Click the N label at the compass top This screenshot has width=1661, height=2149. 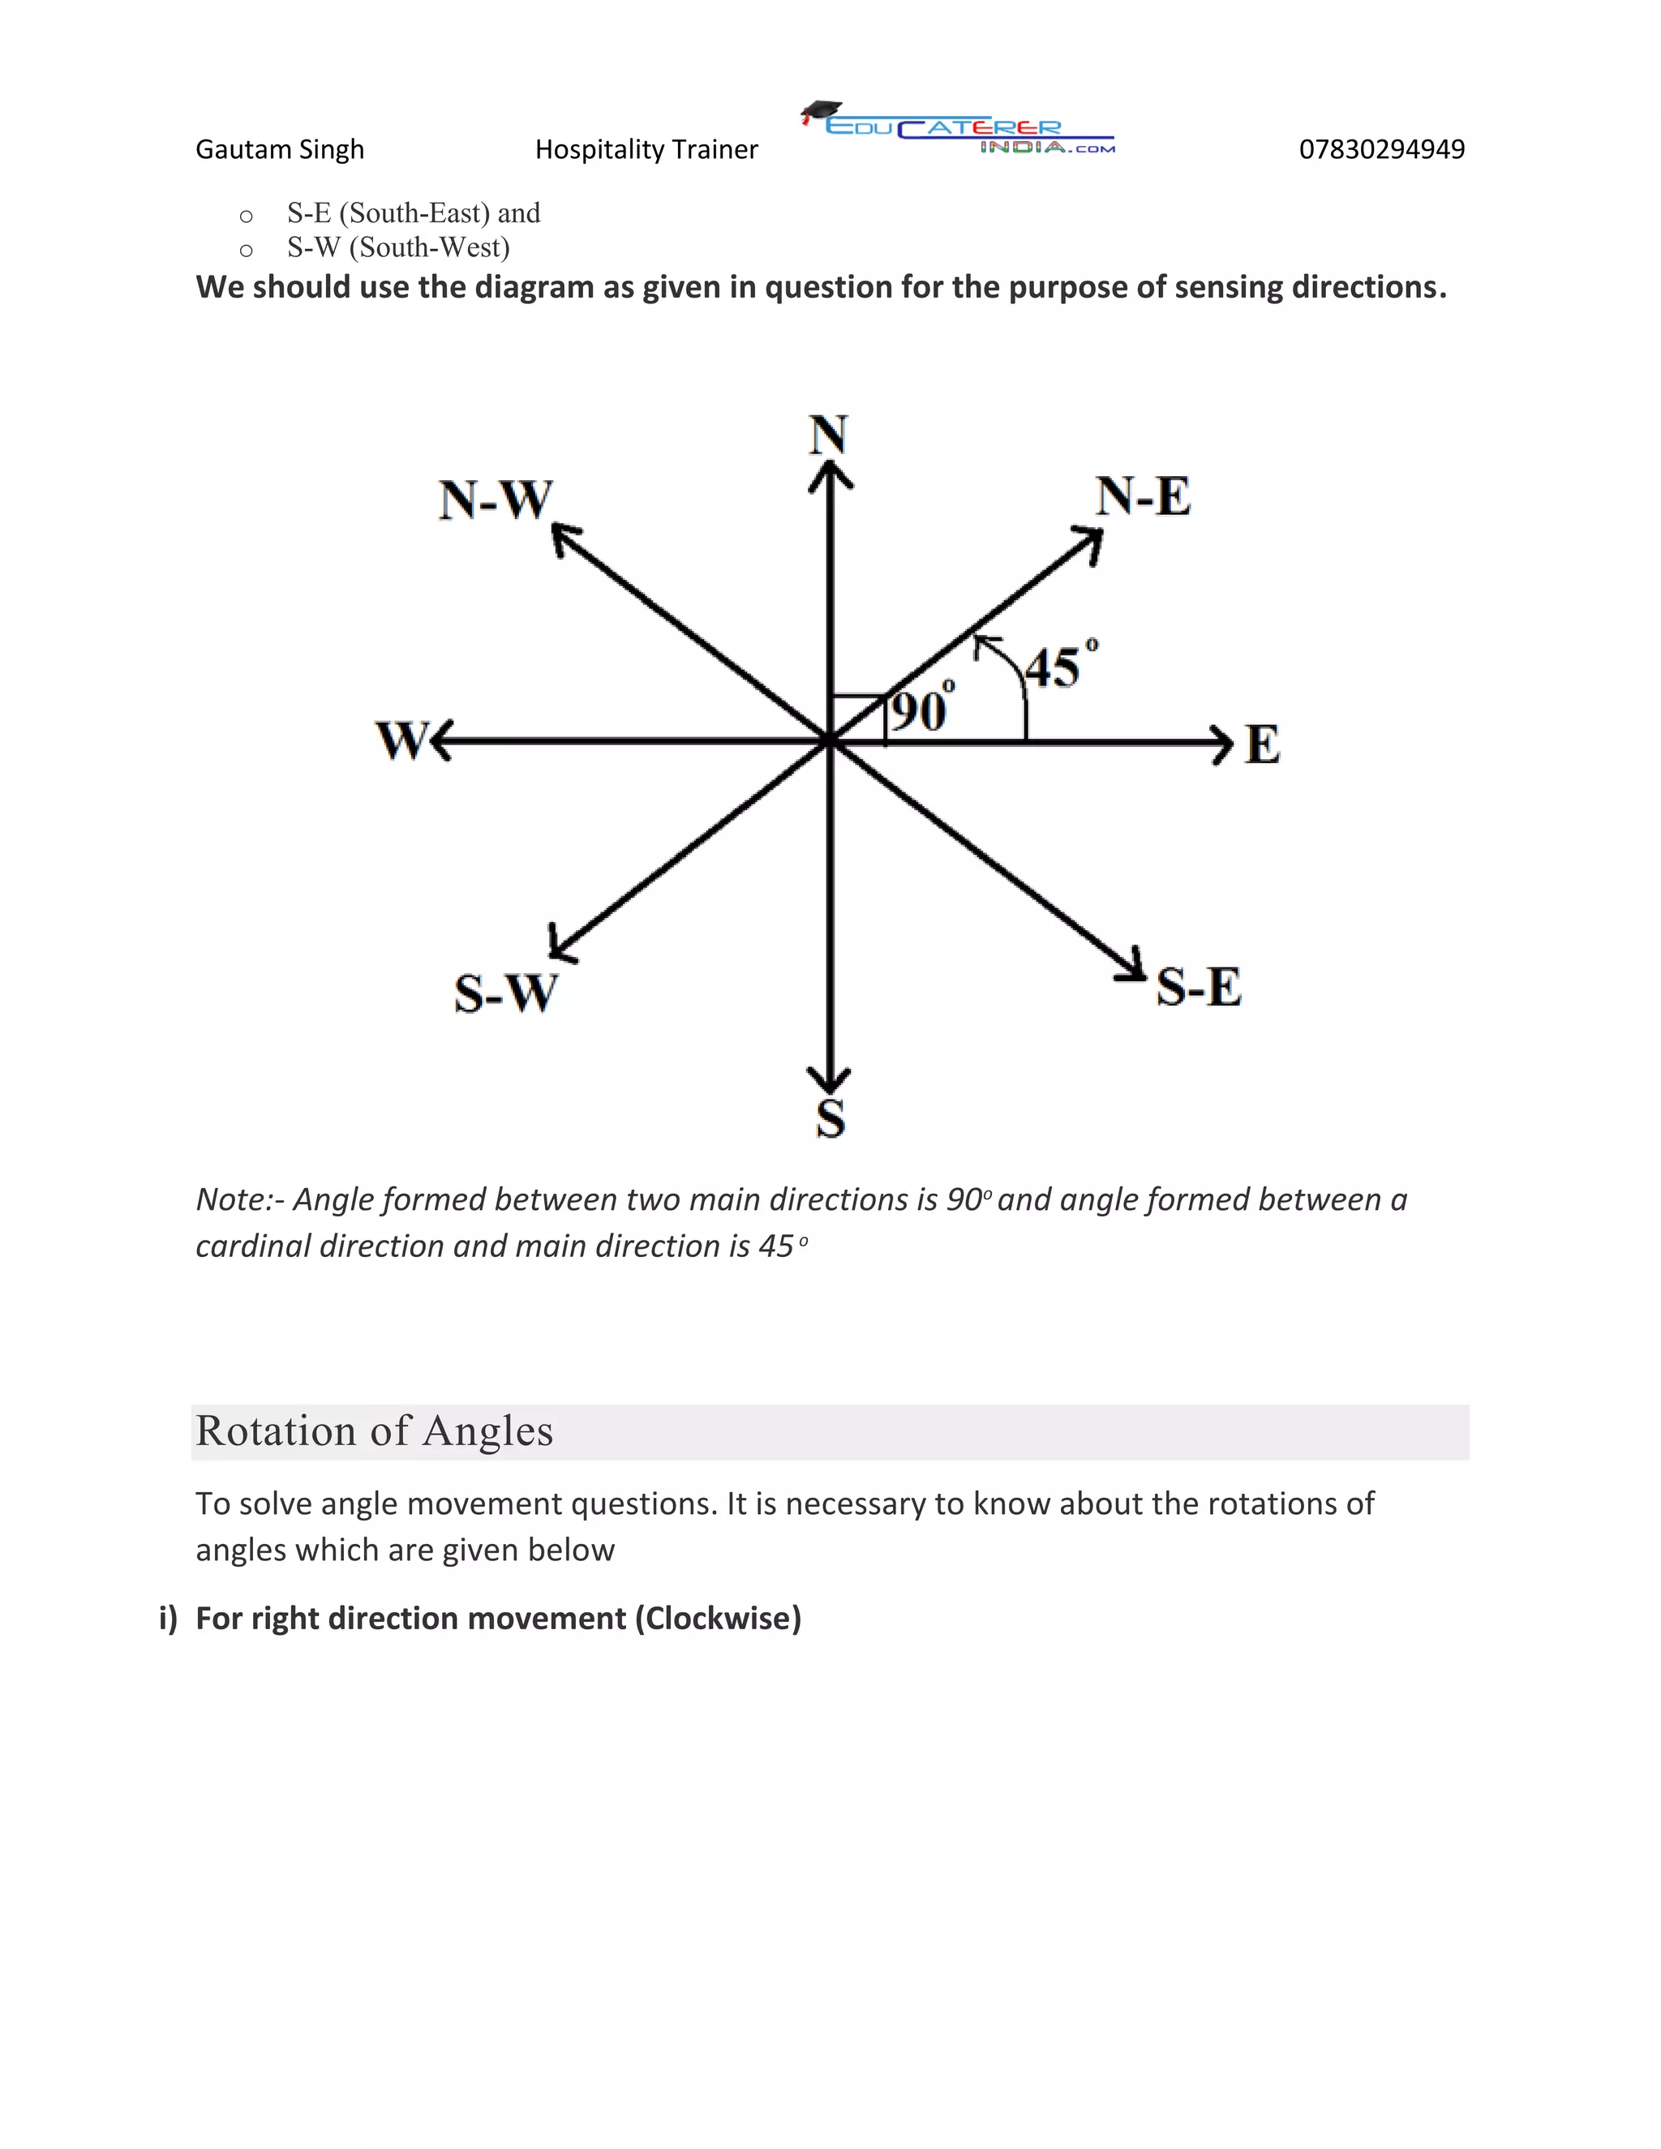click(829, 435)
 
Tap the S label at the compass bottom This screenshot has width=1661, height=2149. click(830, 1119)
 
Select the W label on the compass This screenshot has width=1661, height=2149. click(401, 741)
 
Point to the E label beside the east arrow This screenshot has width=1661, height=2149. click(1263, 745)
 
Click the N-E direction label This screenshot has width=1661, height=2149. click(1144, 497)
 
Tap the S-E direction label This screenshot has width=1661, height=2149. click(1199, 987)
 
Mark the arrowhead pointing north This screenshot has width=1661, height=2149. click(830, 476)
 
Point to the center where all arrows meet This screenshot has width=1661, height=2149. click(830, 741)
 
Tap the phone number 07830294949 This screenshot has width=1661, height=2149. click(1381, 149)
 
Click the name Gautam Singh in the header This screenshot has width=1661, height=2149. click(280, 149)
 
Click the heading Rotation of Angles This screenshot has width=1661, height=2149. click(375, 1431)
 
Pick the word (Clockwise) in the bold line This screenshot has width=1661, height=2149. click(719, 1619)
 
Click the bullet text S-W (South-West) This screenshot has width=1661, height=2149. click(398, 247)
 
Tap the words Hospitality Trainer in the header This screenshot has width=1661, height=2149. click(646, 149)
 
